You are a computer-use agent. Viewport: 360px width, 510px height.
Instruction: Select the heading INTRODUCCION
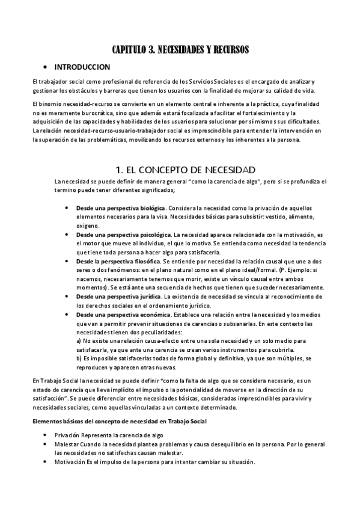(82, 67)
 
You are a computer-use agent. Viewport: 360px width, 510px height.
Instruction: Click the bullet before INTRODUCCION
(46, 67)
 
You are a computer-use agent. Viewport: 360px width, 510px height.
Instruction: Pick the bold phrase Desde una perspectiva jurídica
(114, 296)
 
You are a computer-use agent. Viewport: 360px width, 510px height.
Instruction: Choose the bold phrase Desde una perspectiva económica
(118, 315)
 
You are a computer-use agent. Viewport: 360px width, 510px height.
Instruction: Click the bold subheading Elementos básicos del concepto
(119, 421)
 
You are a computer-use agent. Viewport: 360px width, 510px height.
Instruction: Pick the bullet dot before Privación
(46, 434)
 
